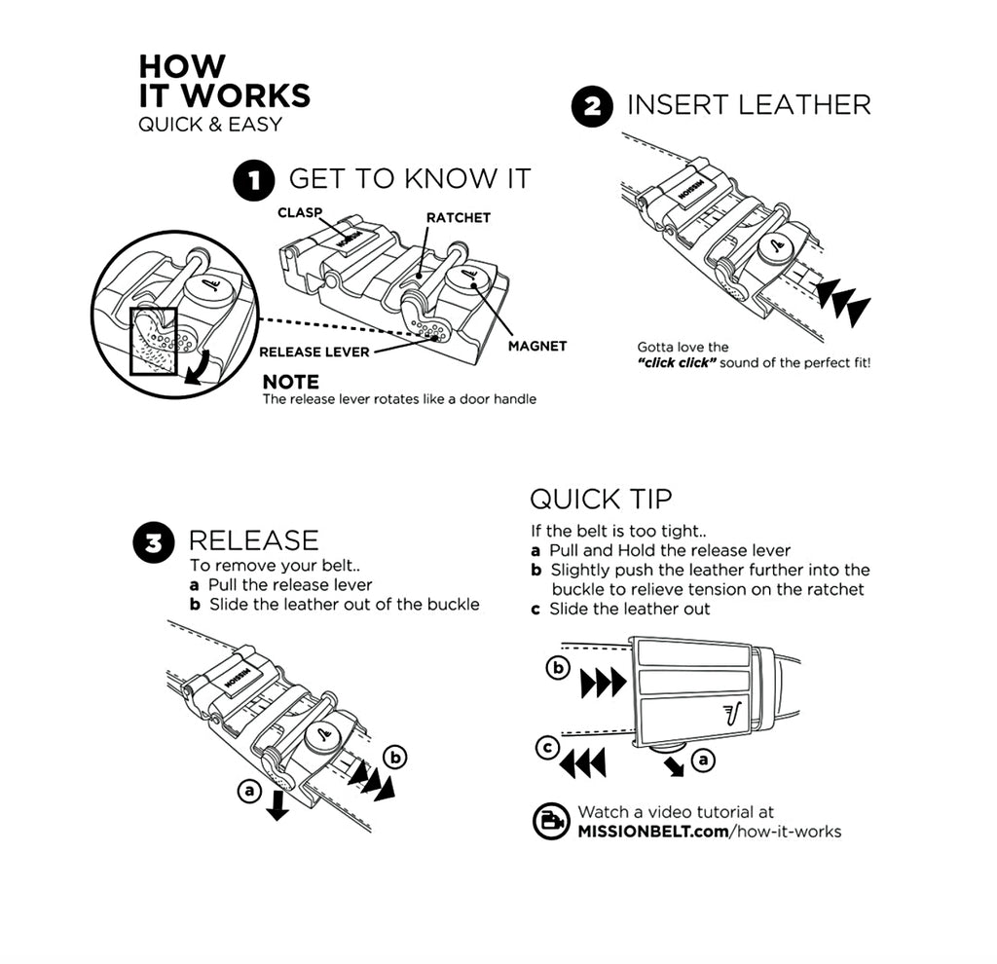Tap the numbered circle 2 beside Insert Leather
(592, 106)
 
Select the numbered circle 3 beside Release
(153, 543)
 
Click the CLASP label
(299, 211)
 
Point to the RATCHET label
(458, 217)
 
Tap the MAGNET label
(536, 346)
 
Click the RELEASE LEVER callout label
(314, 352)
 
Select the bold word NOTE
(290, 383)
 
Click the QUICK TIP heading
(601, 499)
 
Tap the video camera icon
(551, 821)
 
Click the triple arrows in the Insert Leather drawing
(843, 301)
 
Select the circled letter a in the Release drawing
(249, 792)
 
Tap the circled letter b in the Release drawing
(395, 755)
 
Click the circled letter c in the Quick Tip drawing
(547, 747)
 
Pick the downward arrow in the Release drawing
(277, 804)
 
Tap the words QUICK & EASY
(209, 125)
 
